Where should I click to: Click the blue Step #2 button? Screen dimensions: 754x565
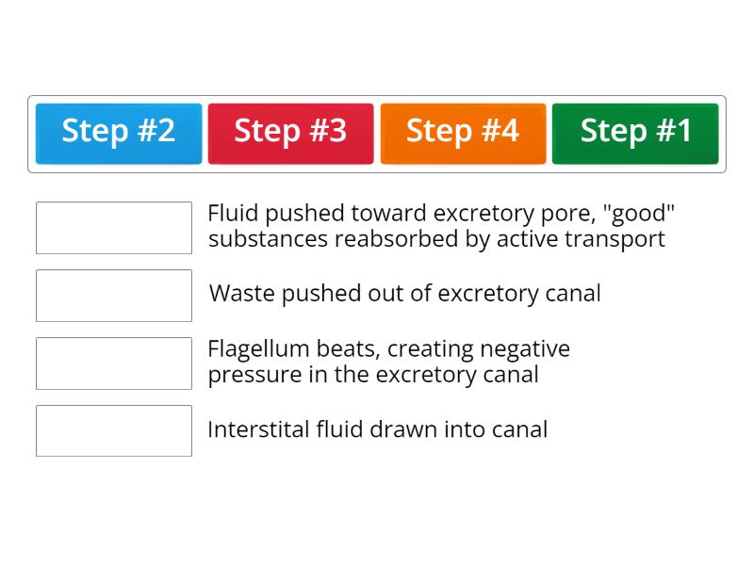[119, 134]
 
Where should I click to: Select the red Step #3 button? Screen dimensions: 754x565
[291, 134]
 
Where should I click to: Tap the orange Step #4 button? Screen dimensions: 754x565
[463, 134]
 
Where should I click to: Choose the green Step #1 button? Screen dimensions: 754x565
[635, 134]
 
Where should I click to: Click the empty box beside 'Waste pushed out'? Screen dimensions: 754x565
[114, 296]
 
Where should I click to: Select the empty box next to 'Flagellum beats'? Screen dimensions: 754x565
[114, 363]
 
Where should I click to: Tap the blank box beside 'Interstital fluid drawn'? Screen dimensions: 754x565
[114, 430]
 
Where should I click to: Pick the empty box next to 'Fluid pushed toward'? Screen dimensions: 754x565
[114, 228]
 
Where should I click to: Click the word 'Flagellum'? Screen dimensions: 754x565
[258, 349]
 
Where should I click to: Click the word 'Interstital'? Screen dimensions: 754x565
[258, 429]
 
